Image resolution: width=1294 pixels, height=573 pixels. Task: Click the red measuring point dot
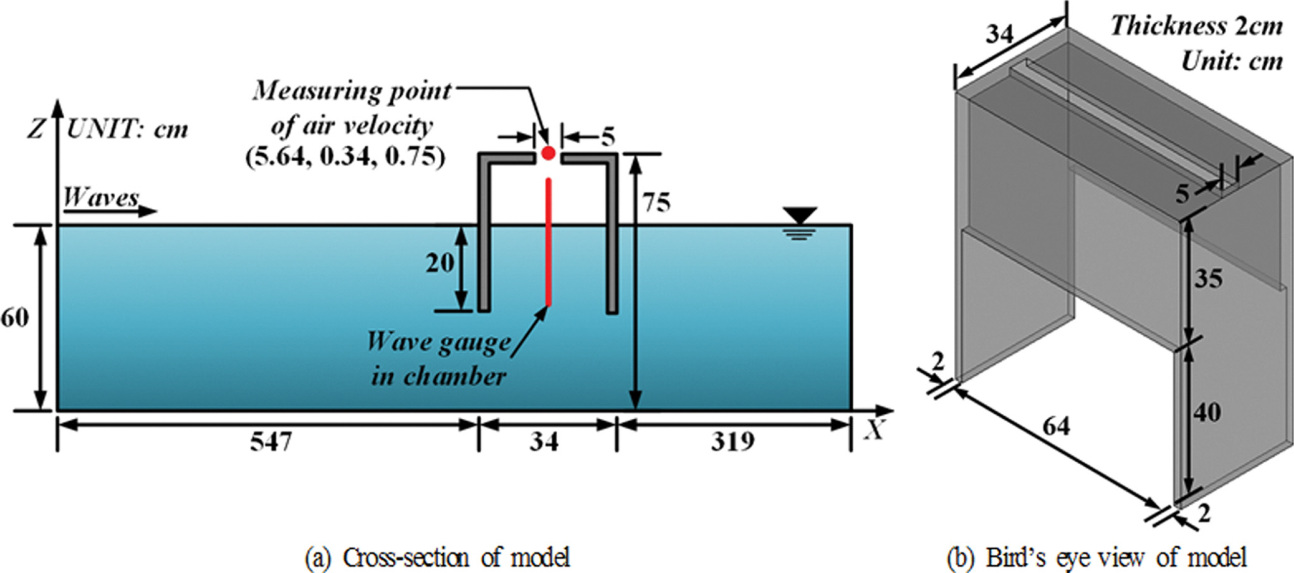tap(548, 153)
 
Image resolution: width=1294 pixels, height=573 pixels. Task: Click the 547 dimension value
tap(271, 442)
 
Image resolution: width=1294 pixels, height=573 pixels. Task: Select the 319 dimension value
tap(733, 442)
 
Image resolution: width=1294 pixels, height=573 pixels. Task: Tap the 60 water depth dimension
tap(15, 318)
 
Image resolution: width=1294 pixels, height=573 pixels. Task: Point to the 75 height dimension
tap(657, 203)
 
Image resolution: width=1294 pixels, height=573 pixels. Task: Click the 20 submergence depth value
tap(440, 263)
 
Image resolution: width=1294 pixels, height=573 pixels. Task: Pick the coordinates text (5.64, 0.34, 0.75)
tap(346, 157)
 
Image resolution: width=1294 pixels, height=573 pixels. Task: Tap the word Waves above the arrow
tap(101, 197)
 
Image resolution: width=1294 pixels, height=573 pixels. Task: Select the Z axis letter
tap(36, 129)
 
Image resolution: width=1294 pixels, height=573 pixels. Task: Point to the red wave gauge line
tap(548, 242)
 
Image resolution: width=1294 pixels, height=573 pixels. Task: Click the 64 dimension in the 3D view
tap(1056, 427)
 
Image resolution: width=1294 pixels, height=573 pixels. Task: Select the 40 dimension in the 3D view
tap(1207, 413)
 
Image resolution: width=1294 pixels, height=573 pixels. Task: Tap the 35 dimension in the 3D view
tap(1209, 279)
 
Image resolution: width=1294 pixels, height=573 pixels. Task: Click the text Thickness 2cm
tap(1196, 26)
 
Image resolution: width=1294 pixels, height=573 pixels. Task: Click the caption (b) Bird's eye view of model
tap(1096, 557)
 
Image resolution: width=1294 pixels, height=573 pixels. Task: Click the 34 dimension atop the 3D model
tap(1000, 34)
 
